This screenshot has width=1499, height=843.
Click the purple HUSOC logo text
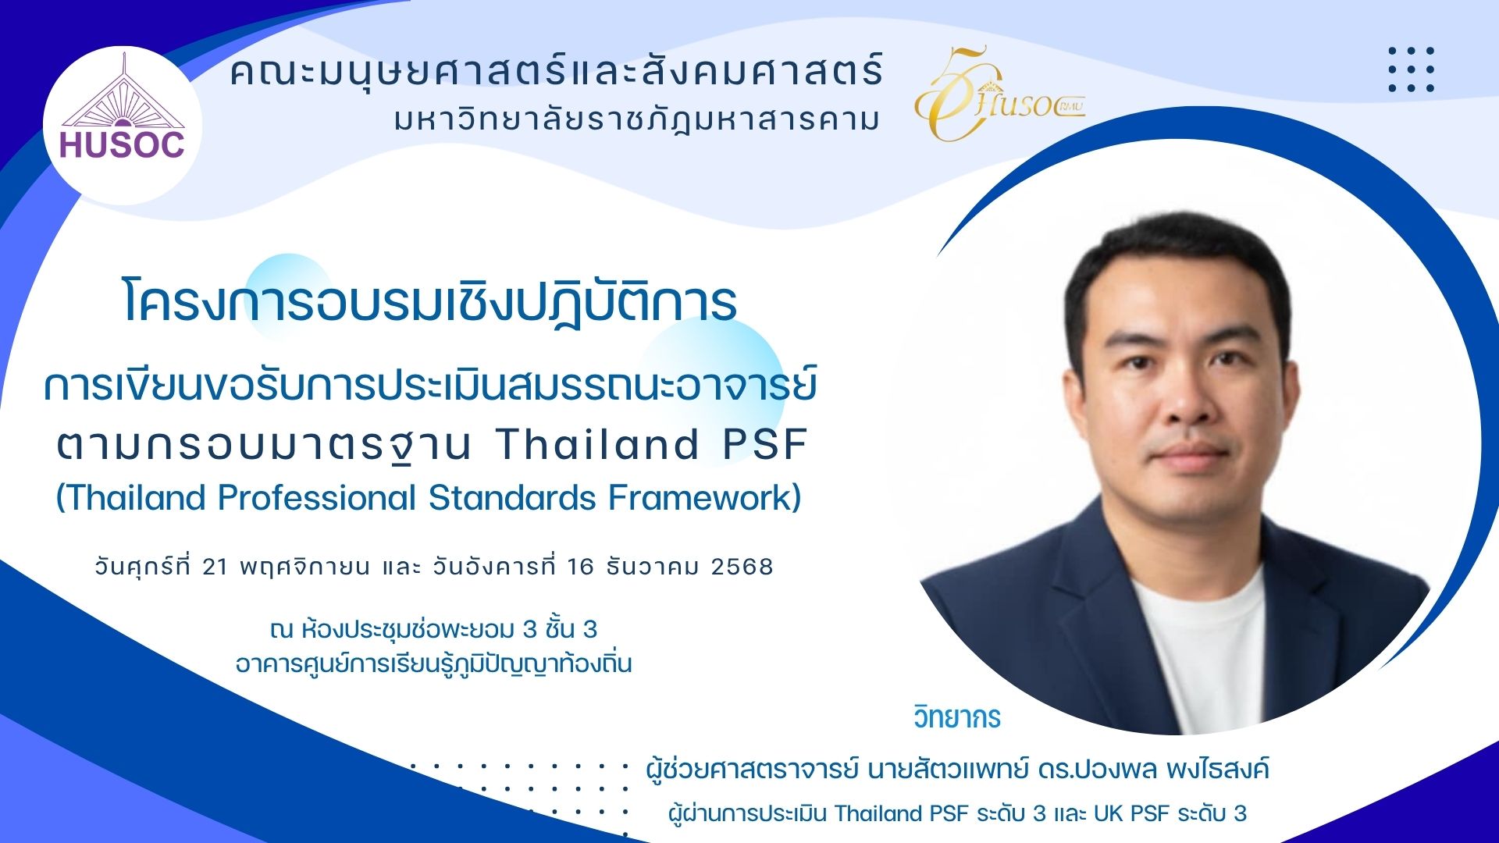[x=123, y=145]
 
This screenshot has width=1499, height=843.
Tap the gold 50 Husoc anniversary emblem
[x=999, y=94]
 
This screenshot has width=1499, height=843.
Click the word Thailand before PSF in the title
[x=597, y=444]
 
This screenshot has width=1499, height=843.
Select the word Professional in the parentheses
[x=317, y=498]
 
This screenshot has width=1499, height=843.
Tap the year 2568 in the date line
[x=742, y=567]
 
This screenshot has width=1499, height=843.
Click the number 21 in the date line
[x=215, y=567]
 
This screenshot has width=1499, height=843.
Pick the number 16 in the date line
[x=581, y=567]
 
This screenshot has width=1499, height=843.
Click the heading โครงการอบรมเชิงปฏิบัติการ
[x=429, y=301]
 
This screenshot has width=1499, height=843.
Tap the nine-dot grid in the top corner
[x=1412, y=69]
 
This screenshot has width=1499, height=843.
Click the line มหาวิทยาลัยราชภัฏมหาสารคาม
[x=637, y=119]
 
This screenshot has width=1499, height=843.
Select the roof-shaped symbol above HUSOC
[x=123, y=92]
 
